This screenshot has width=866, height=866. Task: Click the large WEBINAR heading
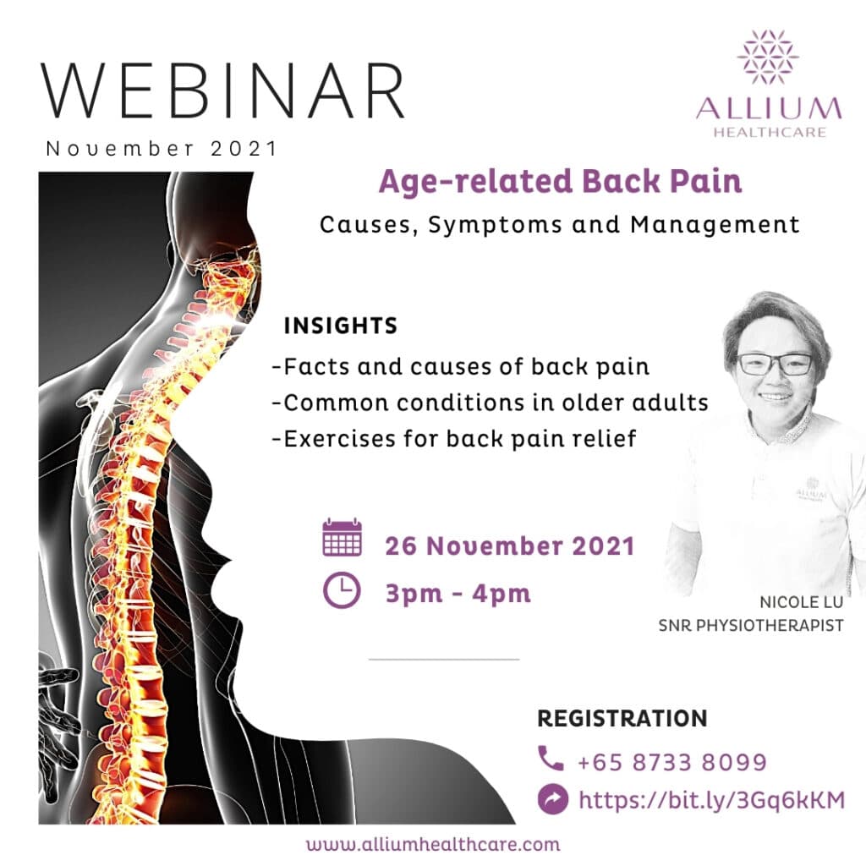click(x=222, y=90)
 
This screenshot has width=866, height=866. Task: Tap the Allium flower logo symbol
click(x=768, y=57)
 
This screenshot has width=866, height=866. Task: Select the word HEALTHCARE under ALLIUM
click(x=770, y=132)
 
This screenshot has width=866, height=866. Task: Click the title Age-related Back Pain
click(x=560, y=183)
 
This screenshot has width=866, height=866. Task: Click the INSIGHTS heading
click(x=341, y=326)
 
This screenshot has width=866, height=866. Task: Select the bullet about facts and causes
click(x=461, y=367)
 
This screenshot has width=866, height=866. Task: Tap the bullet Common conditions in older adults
click(x=490, y=403)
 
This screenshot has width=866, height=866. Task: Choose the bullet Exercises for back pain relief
click(x=454, y=439)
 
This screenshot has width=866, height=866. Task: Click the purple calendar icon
click(x=342, y=537)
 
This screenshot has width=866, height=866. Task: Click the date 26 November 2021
click(x=510, y=545)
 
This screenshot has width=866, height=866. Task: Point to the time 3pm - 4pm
click(x=458, y=594)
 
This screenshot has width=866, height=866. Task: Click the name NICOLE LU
click(x=802, y=602)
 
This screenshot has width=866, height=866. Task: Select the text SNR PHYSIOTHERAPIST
click(x=751, y=626)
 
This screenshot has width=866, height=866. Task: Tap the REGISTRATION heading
click(x=622, y=719)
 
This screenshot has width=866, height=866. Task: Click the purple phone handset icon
click(x=551, y=759)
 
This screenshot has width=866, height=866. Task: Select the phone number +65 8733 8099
click(x=672, y=762)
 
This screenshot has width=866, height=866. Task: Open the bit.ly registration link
click(x=712, y=800)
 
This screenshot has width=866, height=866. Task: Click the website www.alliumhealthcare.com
click(x=433, y=845)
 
